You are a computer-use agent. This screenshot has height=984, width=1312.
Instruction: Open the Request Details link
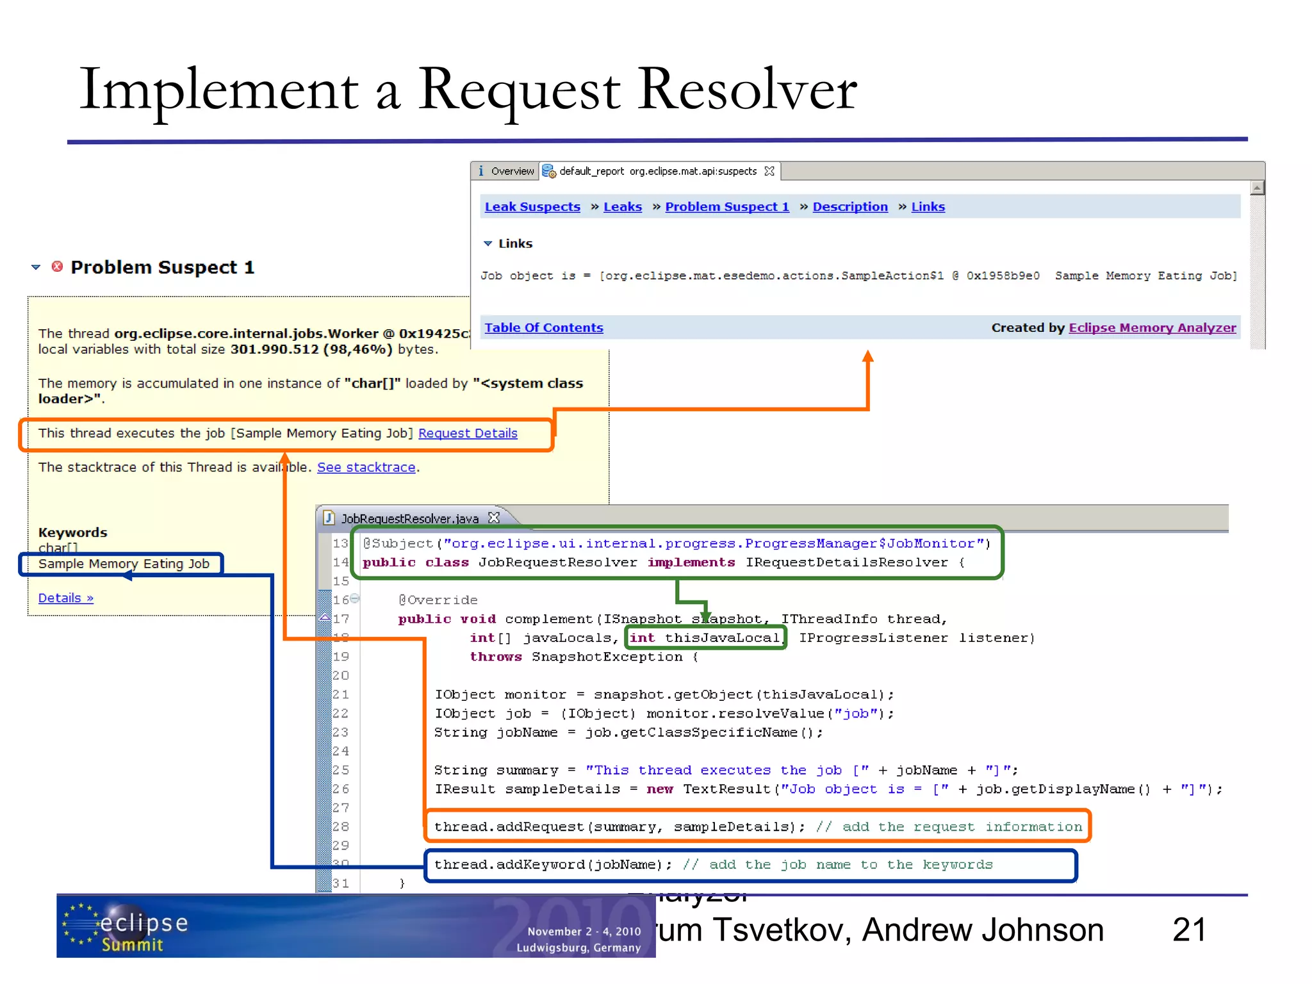click(468, 434)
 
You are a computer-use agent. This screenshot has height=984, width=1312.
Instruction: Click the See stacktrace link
click(366, 468)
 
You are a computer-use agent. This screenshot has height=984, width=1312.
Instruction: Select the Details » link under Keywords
click(65, 598)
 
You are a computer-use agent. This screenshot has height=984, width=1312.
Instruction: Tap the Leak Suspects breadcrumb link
click(532, 207)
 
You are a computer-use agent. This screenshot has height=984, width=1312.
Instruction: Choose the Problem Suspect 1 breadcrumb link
click(726, 207)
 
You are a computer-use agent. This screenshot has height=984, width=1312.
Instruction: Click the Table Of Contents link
click(543, 328)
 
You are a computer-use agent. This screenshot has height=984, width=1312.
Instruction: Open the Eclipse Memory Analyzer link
click(1152, 328)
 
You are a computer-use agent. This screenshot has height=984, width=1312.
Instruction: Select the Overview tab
click(506, 171)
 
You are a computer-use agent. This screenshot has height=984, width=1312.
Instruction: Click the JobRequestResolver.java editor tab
click(409, 518)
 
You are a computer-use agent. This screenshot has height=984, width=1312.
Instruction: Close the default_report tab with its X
click(769, 171)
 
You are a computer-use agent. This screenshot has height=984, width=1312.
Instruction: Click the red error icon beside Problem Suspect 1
click(57, 266)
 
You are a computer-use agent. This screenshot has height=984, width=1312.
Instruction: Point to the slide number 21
click(1189, 930)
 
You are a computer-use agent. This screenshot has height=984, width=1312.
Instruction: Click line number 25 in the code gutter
click(340, 770)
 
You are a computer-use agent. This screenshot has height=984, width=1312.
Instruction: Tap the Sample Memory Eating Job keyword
click(124, 564)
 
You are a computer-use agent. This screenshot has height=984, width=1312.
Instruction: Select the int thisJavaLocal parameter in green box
click(704, 638)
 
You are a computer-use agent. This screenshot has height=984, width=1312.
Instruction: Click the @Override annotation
click(438, 600)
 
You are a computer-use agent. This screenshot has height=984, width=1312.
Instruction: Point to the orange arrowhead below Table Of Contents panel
click(868, 357)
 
